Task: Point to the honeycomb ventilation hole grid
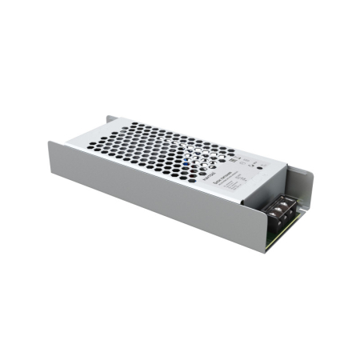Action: tap(152, 148)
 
